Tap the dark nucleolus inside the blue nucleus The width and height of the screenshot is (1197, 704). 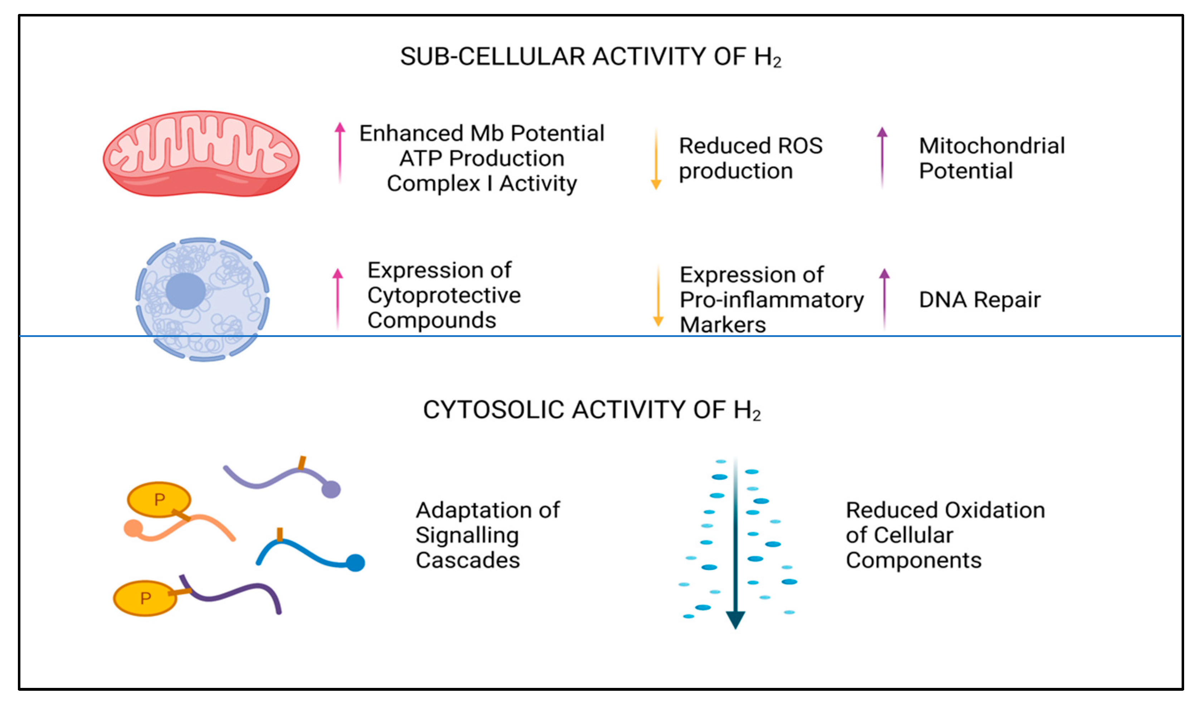(185, 291)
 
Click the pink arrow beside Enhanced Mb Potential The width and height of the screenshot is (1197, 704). (339, 152)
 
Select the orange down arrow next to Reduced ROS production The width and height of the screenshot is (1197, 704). (656, 160)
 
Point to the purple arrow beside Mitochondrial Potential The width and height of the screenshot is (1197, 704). (882, 157)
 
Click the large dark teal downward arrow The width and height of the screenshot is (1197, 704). (735, 546)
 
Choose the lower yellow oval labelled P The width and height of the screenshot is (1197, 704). (145, 598)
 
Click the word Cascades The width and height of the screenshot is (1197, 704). (468, 561)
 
